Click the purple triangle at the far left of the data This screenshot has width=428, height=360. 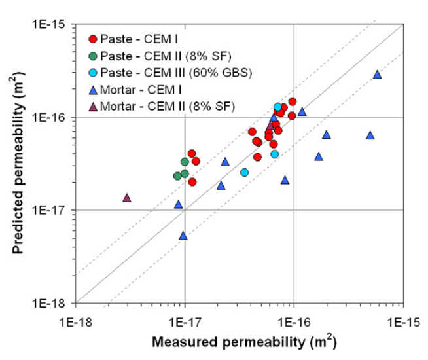click(127, 198)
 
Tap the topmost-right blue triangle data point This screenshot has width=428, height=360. click(378, 75)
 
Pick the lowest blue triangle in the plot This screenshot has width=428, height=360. click(183, 236)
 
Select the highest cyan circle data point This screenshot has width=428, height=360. click(277, 107)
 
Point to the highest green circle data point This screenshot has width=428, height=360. click(185, 162)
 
